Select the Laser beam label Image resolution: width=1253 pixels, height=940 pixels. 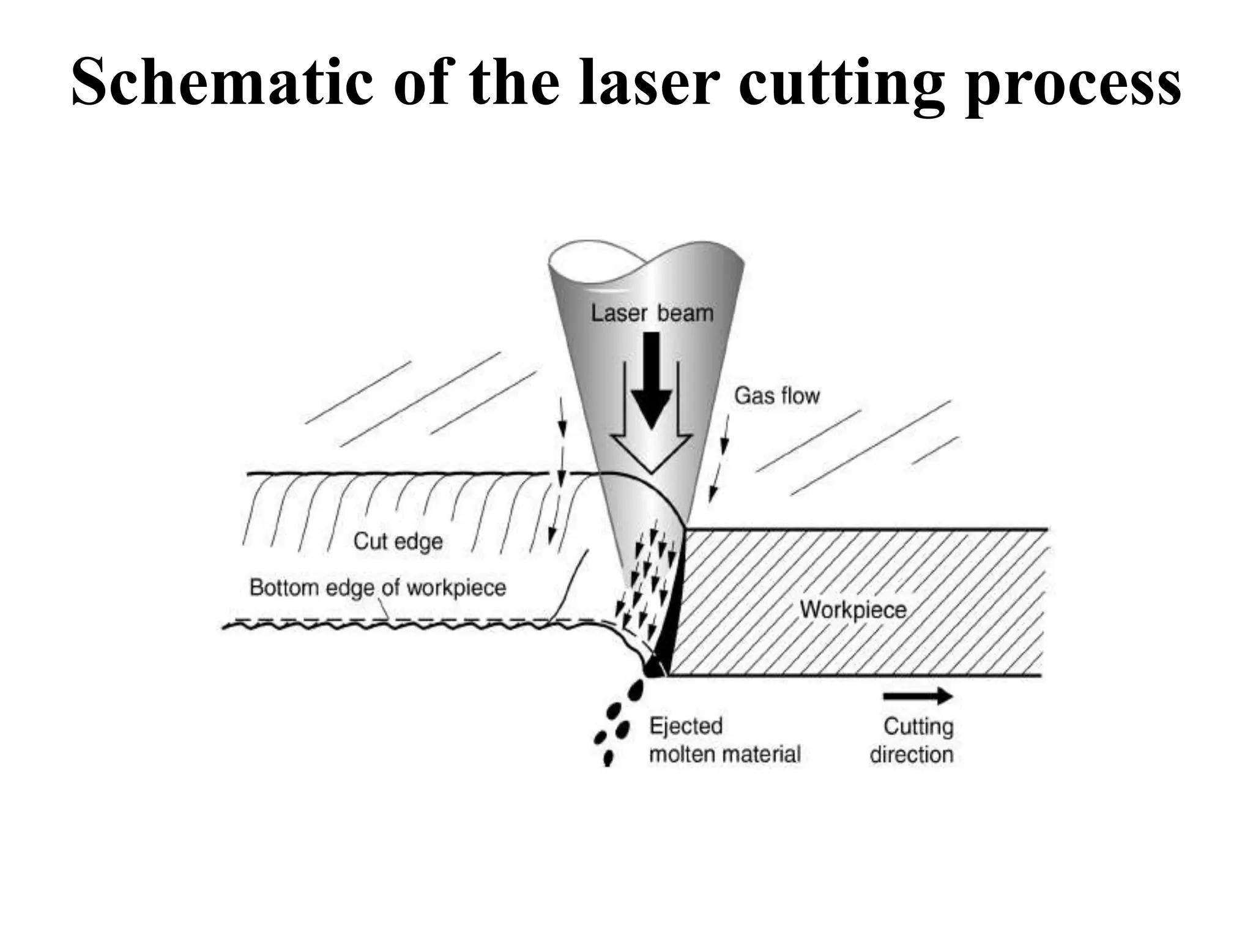652,313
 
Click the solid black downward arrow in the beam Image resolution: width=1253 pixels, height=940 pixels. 652,379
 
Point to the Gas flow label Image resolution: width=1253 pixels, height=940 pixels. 776,396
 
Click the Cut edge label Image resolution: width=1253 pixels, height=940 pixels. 398,541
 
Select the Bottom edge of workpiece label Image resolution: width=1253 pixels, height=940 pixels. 377,587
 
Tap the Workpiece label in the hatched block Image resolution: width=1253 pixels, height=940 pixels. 853,610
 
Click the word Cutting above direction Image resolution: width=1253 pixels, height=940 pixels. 918,726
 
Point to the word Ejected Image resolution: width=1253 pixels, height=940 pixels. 686,726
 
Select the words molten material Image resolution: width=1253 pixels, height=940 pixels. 724,754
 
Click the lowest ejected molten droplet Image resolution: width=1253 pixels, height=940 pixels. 608,758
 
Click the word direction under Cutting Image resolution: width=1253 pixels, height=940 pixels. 912,755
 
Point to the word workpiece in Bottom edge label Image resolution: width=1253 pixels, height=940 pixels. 456,588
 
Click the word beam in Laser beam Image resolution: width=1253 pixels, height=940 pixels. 685,313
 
